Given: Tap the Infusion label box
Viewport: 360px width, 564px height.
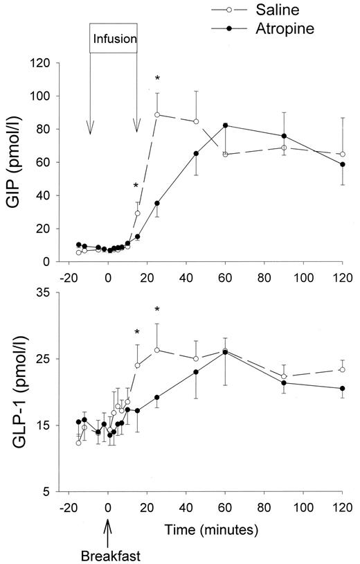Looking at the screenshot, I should (x=114, y=39).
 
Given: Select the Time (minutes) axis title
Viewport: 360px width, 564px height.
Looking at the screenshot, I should (x=211, y=529).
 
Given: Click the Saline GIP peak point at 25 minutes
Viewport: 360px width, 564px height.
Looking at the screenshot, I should (x=157, y=115).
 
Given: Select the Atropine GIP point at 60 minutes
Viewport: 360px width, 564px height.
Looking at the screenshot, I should (x=226, y=125).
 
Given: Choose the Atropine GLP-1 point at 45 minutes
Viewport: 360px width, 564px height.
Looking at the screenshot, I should (x=196, y=372).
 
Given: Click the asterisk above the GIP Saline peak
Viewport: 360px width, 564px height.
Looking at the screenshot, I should (x=157, y=78).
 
